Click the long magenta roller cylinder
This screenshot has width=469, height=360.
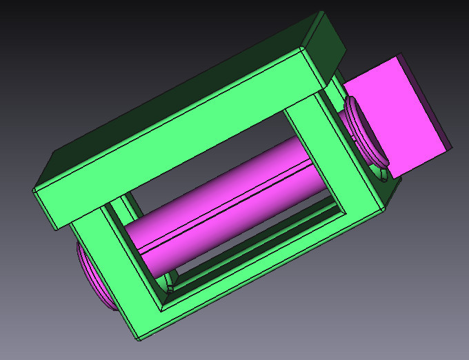click(x=228, y=200)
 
